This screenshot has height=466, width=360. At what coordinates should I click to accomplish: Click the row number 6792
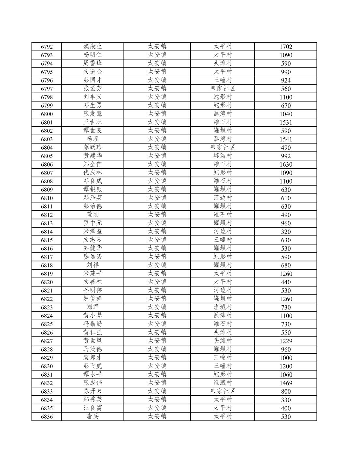click(x=47, y=47)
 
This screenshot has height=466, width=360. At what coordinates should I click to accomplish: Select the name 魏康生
click(x=93, y=47)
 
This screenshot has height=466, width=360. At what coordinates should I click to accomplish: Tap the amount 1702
click(x=286, y=47)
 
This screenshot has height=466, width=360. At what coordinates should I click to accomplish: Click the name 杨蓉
click(x=93, y=139)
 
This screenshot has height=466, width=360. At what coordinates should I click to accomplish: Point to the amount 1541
click(x=286, y=139)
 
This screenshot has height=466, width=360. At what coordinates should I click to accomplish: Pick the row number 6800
click(x=47, y=114)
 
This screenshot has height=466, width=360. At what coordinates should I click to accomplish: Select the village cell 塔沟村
click(x=223, y=156)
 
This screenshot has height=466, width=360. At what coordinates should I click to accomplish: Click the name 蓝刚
click(x=93, y=215)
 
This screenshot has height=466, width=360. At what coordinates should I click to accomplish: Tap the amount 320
click(x=286, y=232)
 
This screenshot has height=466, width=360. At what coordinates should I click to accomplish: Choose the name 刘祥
click(x=93, y=265)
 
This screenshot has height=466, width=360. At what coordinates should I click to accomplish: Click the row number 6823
click(x=47, y=308)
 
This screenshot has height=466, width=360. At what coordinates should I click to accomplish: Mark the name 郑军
click(x=93, y=308)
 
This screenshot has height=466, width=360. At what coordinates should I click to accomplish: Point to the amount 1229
click(x=286, y=341)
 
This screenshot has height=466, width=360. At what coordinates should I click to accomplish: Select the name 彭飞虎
click(x=93, y=366)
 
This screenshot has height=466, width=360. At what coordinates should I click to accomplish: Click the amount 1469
click(x=286, y=383)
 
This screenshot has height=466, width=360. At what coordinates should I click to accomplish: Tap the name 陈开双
click(x=93, y=391)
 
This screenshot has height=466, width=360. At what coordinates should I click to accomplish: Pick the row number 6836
click(x=47, y=417)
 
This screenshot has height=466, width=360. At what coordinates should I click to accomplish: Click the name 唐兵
click(x=93, y=417)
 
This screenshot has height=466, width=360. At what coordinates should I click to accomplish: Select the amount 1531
click(x=286, y=122)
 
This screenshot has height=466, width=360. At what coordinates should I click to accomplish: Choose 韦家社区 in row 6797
click(x=223, y=89)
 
